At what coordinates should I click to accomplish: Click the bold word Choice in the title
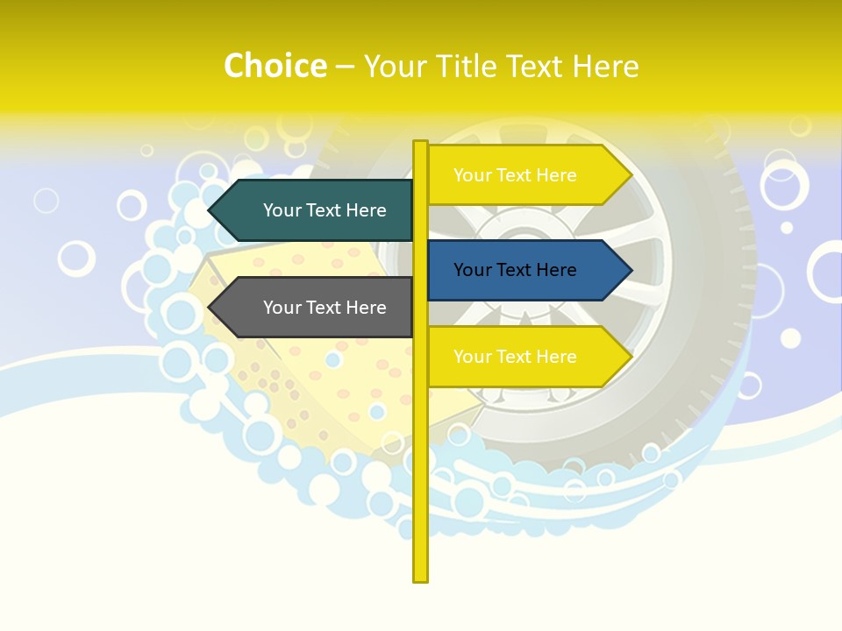pyautogui.click(x=275, y=66)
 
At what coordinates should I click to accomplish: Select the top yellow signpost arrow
pyautogui.click(x=526, y=175)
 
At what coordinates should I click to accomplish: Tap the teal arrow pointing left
pyautogui.click(x=316, y=210)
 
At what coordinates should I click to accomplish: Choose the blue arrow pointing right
pyautogui.click(x=526, y=270)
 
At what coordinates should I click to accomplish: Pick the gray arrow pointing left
pyautogui.click(x=316, y=308)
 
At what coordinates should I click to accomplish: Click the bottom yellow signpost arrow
pyautogui.click(x=526, y=357)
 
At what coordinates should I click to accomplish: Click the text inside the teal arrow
pyautogui.click(x=325, y=210)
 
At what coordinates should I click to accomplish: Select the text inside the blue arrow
pyautogui.click(x=515, y=270)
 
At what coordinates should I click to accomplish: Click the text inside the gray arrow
pyautogui.click(x=325, y=308)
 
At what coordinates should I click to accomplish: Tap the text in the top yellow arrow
pyautogui.click(x=515, y=175)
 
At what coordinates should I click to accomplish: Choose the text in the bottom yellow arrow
pyautogui.click(x=515, y=357)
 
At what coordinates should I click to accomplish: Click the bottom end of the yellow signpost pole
pyautogui.click(x=421, y=577)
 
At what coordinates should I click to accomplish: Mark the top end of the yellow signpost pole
pyautogui.click(x=421, y=145)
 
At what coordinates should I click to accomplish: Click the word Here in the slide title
pyautogui.click(x=605, y=67)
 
